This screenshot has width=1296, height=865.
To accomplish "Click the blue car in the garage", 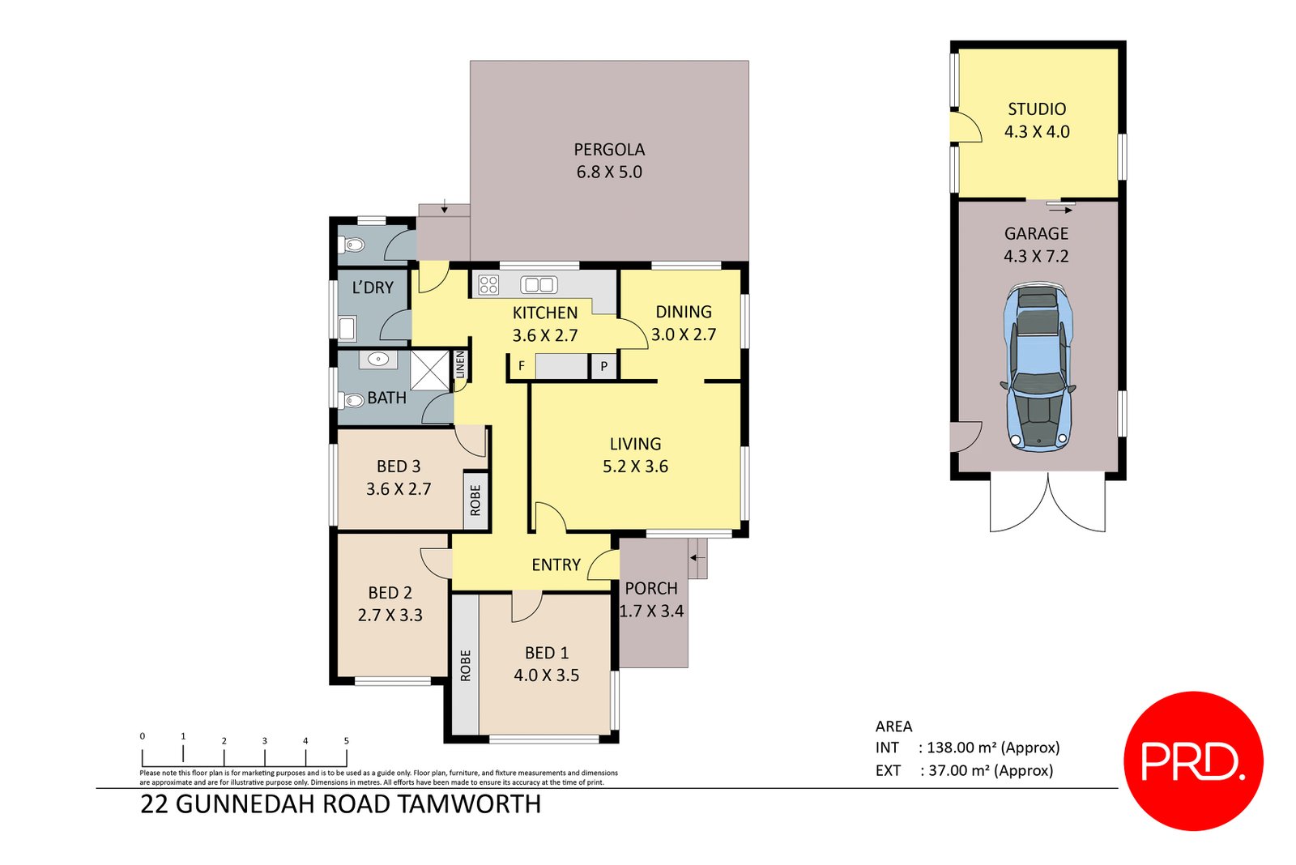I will [x=1038, y=366].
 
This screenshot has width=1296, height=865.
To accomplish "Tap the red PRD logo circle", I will [x=1192, y=761].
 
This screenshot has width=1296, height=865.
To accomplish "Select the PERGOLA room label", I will [x=609, y=150].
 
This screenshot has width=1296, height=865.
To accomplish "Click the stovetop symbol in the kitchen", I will [x=488, y=284].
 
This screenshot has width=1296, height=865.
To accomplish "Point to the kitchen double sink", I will [x=539, y=284].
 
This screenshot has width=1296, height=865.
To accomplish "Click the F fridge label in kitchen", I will [x=521, y=367].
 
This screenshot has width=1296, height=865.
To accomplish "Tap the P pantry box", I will [x=603, y=367].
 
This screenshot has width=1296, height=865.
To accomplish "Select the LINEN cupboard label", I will [x=460, y=364].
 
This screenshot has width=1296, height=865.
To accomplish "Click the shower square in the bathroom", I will [x=429, y=370].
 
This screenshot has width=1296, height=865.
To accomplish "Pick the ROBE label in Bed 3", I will [x=475, y=500].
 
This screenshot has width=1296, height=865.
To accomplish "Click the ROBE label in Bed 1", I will [x=465, y=665].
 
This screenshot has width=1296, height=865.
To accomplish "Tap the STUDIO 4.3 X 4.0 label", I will [x=1037, y=120].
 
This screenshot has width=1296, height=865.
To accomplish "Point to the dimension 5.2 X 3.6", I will [x=635, y=467].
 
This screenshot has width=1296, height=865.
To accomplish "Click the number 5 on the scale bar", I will [x=347, y=741].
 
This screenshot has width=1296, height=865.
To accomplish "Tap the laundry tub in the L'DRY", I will [x=347, y=329].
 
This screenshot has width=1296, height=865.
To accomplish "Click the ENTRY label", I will [x=556, y=565].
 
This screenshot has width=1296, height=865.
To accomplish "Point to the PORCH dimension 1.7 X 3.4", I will [x=651, y=611].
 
